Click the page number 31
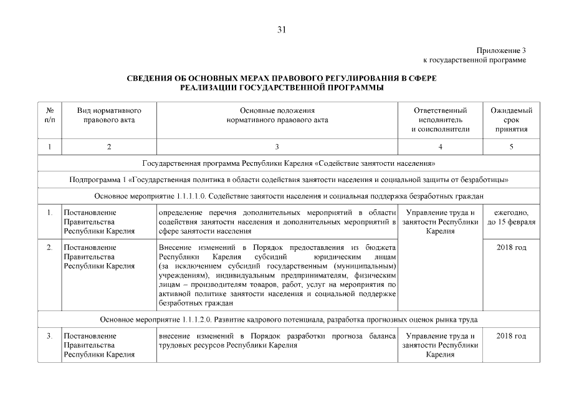tap(282, 29)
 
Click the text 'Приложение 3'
tap(501, 50)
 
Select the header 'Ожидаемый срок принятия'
tap(511, 120)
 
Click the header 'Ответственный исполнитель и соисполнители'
tap(440, 120)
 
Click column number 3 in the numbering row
tap(277, 147)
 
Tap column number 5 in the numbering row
tap(511, 147)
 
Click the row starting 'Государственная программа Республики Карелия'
tap(289, 163)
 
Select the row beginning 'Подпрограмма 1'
tap(289, 180)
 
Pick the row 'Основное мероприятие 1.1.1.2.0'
tap(289, 319)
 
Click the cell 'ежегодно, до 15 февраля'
tap(511, 218)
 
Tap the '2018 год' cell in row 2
tap(511, 248)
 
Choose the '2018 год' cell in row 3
tap(511, 336)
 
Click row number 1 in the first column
tap(49, 213)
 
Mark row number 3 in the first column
tap(49, 336)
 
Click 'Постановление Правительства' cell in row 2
tap(99, 256)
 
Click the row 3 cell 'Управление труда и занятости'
tap(440, 345)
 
